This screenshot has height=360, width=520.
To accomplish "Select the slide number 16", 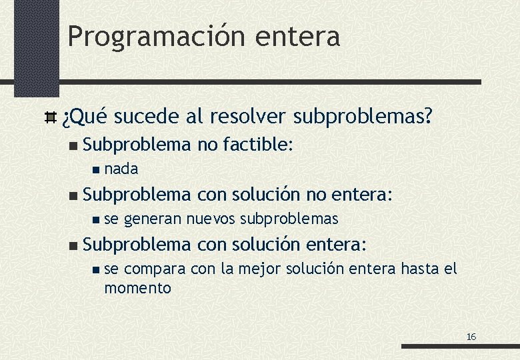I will [x=471, y=337].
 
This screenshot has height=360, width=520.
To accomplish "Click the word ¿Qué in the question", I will [x=83, y=118].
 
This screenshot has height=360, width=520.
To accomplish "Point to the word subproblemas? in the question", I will [x=363, y=118].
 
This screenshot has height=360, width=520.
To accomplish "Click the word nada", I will [x=121, y=169].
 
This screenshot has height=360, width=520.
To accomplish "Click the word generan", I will [x=153, y=219].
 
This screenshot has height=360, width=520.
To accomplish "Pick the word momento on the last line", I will [x=137, y=289].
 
